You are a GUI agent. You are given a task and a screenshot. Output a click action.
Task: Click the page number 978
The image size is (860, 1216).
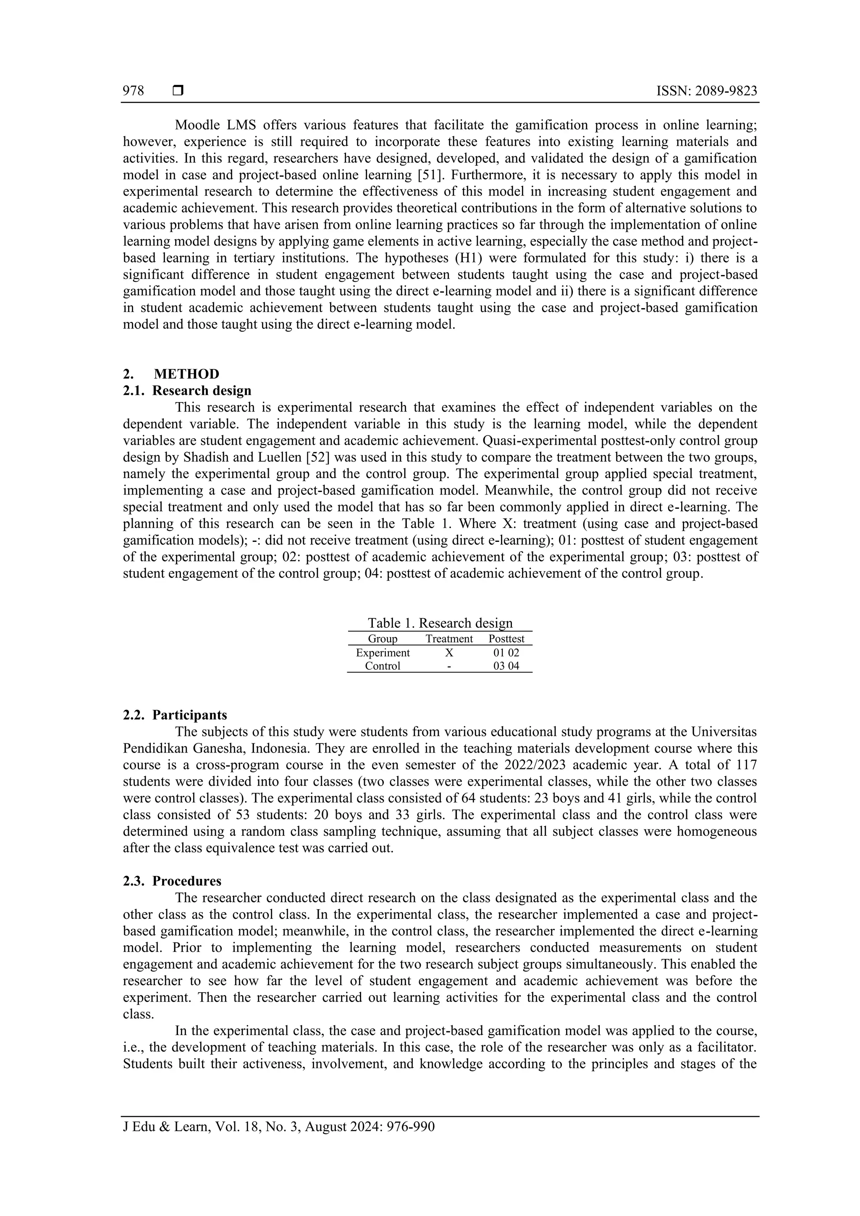pyautogui.click(x=134, y=91)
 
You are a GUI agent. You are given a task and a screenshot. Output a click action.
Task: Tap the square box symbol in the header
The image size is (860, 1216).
pyautogui.click(x=178, y=91)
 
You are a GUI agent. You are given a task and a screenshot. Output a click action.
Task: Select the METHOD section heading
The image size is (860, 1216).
pyautogui.click(x=186, y=374)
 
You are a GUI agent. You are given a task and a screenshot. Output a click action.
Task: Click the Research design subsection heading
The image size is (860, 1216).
pyautogui.click(x=202, y=391)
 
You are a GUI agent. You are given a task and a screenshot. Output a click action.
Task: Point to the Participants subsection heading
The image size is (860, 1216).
pyautogui.click(x=190, y=715)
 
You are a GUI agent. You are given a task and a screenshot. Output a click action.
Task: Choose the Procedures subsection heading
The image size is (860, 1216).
pyautogui.click(x=186, y=881)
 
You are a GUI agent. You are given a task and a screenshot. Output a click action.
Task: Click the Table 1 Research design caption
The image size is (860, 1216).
pyautogui.click(x=440, y=623)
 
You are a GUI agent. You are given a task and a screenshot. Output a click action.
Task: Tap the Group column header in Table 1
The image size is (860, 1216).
pyautogui.click(x=383, y=639)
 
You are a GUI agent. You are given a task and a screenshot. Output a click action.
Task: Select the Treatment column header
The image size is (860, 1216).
pyautogui.click(x=449, y=639)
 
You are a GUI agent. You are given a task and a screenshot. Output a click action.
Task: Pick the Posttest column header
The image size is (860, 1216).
pyautogui.click(x=506, y=639)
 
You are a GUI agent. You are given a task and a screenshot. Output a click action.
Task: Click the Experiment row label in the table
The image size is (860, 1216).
pyautogui.click(x=383, y=652)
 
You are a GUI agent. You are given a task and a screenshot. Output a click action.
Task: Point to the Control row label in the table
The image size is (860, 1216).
pyautogui.click(x=383, y=666)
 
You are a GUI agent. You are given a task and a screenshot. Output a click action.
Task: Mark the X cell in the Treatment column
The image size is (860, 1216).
pyautogui.click(x=449, y=652)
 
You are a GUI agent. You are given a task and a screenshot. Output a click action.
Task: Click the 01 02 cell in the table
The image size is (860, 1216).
pyautogui.click(x=506, y=652)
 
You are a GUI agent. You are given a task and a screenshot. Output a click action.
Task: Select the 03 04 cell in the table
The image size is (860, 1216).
pyautogui.click(x=506, y=666)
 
